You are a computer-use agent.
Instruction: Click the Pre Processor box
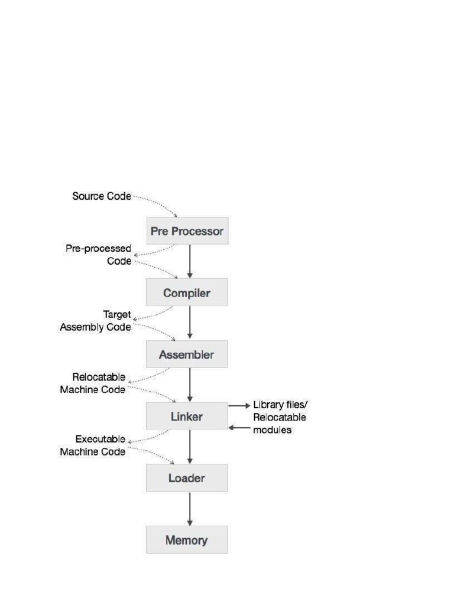pos(187,231)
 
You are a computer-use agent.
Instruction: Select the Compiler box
pos(187,292)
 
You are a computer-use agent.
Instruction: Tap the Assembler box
pos(187,354)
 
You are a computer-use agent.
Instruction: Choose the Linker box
pos(187,417)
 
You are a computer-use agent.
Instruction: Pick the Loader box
pos(187,478)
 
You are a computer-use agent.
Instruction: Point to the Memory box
pos(187,539)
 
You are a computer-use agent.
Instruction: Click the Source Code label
pos(102,196)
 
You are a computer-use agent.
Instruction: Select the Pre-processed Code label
pos(99,255)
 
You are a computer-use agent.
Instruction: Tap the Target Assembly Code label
pos(96,321)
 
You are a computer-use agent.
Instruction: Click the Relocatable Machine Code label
pos(93,383)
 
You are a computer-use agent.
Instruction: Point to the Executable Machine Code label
pos(93,445)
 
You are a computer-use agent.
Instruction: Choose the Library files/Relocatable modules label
pos(280,417)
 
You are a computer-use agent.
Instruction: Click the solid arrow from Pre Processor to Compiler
pos(190,261)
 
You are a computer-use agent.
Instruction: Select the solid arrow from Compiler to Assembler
pos(190,323)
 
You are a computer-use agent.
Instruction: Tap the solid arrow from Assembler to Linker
pos(190,385)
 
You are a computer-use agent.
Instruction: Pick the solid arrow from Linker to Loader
pos(190,447)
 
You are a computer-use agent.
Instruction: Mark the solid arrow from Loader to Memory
pos(190,509)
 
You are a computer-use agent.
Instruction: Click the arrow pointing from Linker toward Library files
pos(239,406)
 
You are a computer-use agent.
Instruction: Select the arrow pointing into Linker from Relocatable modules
pos(239,427)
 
